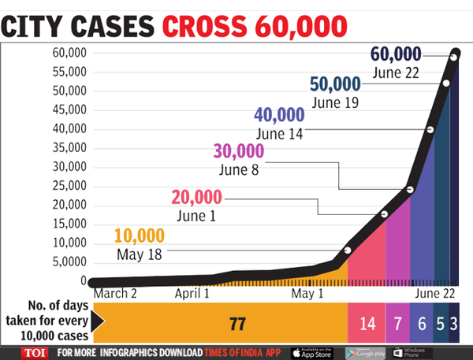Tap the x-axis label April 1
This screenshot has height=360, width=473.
pyautogui.click(x=192, y=294)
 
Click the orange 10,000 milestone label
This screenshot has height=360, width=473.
pyautogui.click(x=140, y=236)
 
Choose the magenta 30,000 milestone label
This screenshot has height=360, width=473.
pyautogui.click(x=239, y=150)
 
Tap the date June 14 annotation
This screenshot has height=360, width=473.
pyautogui.click(x=281, y=133)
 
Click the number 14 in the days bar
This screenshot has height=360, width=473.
pyautogui.click(x=367, y=324)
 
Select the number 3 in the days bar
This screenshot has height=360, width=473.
pyautogui.click(x=454, y=324)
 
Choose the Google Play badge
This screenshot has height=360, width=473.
pyautogui.click(x=367, y=351)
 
